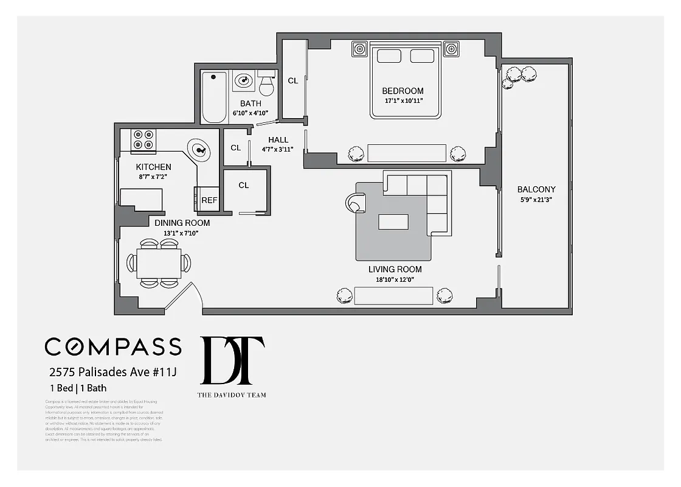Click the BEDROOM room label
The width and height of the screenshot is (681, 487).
tap(403, 91)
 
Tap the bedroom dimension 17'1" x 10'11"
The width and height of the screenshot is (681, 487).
tap(403, 101)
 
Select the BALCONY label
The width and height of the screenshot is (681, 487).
tap(536, 189)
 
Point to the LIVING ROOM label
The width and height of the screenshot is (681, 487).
tap(395, 269)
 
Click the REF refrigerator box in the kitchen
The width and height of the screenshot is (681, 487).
tap(209, 200)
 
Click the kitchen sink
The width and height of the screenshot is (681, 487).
tap(199, 148)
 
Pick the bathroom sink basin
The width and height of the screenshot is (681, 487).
tap(244, 80)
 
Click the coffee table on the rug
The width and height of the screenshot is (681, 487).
tap(393, 222)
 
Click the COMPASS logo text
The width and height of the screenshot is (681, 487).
tap(113, 346)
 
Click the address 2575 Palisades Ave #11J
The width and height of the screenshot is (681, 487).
tap(112, 372)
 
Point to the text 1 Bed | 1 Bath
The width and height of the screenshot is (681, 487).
tap(78, 388)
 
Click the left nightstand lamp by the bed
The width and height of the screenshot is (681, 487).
tap(360, 49)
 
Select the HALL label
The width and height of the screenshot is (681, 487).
tap(278, 140)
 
